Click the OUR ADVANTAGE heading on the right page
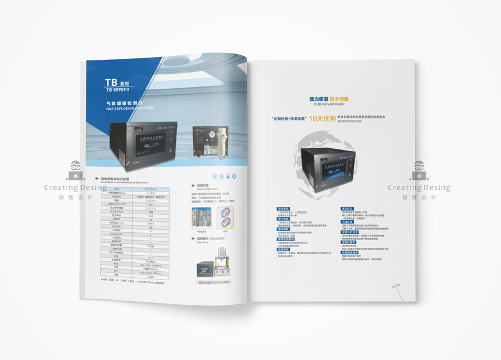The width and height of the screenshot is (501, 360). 324,104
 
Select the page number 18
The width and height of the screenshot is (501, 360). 397,285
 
